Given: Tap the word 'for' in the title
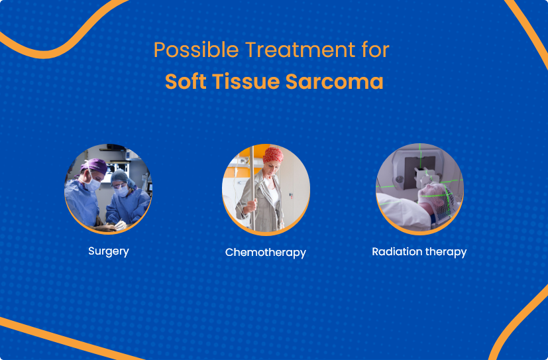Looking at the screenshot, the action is click(376, 50).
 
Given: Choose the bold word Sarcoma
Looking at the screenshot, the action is click(335, 81).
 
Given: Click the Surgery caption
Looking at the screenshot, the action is click(109, 251).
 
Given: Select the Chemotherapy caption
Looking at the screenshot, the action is click(266, 253).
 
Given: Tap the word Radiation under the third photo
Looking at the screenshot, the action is click(392, 252).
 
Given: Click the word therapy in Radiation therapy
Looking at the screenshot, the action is click(441, 252).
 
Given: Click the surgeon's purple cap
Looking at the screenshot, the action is click(93, 166).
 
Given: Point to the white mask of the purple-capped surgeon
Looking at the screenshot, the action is click(92, 184).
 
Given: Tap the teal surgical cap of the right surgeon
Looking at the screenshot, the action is click(121, 176).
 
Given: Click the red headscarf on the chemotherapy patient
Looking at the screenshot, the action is click(273, 155).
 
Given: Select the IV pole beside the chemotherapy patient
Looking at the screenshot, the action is click(252, 188).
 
